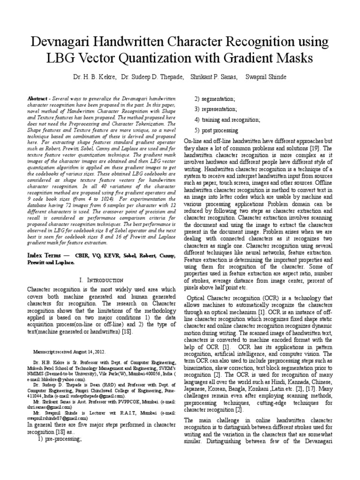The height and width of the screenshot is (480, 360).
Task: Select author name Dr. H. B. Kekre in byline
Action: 93,76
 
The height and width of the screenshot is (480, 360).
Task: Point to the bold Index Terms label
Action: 47,255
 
